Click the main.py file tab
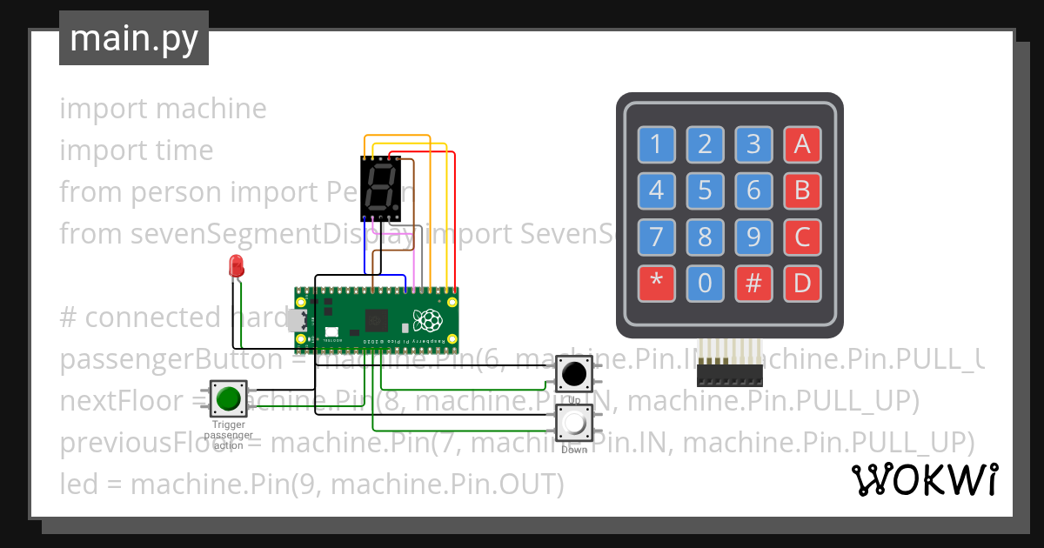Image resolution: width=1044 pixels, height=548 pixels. tap(133, 38)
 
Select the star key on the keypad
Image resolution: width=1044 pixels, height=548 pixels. tap(657, 282)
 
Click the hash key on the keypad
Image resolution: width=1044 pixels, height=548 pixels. tap(753, 282)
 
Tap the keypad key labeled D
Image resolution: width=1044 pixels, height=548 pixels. tap(802, 282)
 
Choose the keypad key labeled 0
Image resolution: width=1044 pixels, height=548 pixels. tap(705, 282)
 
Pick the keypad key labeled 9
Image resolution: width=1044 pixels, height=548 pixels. tap(753, 236)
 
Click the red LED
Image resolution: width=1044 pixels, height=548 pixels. tap(235, 267)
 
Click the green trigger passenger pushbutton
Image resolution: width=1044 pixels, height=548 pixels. tap(229, 398)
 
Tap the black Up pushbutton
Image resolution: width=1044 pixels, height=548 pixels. tap(574, 374)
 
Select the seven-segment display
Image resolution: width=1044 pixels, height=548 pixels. tap(380, 189)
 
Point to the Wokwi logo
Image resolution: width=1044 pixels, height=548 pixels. tap(924, 479)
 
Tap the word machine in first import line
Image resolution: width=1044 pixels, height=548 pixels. tap(211, 109)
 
